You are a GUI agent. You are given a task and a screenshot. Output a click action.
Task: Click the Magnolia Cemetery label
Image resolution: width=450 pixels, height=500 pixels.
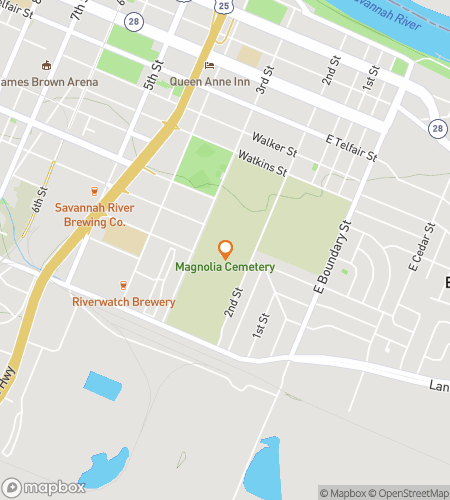(225, 267)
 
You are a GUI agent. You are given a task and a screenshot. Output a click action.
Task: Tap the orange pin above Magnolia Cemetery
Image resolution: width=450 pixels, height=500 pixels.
(225, 249)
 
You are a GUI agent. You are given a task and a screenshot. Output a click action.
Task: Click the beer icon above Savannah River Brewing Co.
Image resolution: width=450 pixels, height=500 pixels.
(95, 190)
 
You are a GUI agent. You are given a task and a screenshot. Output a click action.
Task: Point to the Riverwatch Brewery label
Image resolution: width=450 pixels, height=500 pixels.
(124, 302)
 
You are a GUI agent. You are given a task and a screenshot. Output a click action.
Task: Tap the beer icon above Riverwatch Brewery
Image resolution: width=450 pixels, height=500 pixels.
(124, 285)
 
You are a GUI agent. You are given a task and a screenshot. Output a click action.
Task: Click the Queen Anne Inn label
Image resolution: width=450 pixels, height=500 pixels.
(209, 82)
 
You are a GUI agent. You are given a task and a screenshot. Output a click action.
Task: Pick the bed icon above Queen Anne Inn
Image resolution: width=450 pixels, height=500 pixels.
(209, 66)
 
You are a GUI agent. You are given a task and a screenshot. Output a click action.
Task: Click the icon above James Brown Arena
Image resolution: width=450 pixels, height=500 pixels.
(45, 65)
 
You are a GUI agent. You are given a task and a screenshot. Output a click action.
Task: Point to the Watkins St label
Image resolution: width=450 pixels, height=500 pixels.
(262, 162)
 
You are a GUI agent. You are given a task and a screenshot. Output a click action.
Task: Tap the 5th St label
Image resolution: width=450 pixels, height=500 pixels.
(152, 79)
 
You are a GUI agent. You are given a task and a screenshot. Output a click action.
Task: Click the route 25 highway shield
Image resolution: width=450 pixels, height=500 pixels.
(222, 6)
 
